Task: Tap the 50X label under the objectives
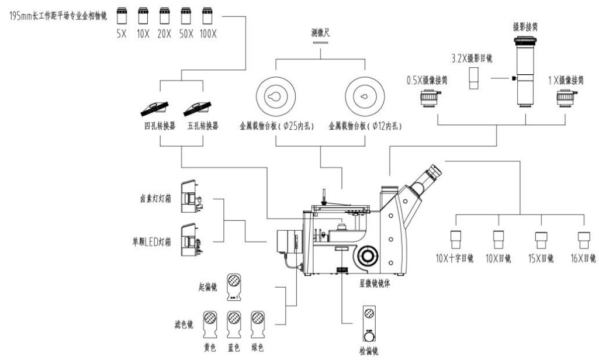186,33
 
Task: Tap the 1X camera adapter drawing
565,99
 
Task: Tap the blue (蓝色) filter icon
233,322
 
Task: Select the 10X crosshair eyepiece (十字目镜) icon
457,241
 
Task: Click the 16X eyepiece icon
584,241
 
